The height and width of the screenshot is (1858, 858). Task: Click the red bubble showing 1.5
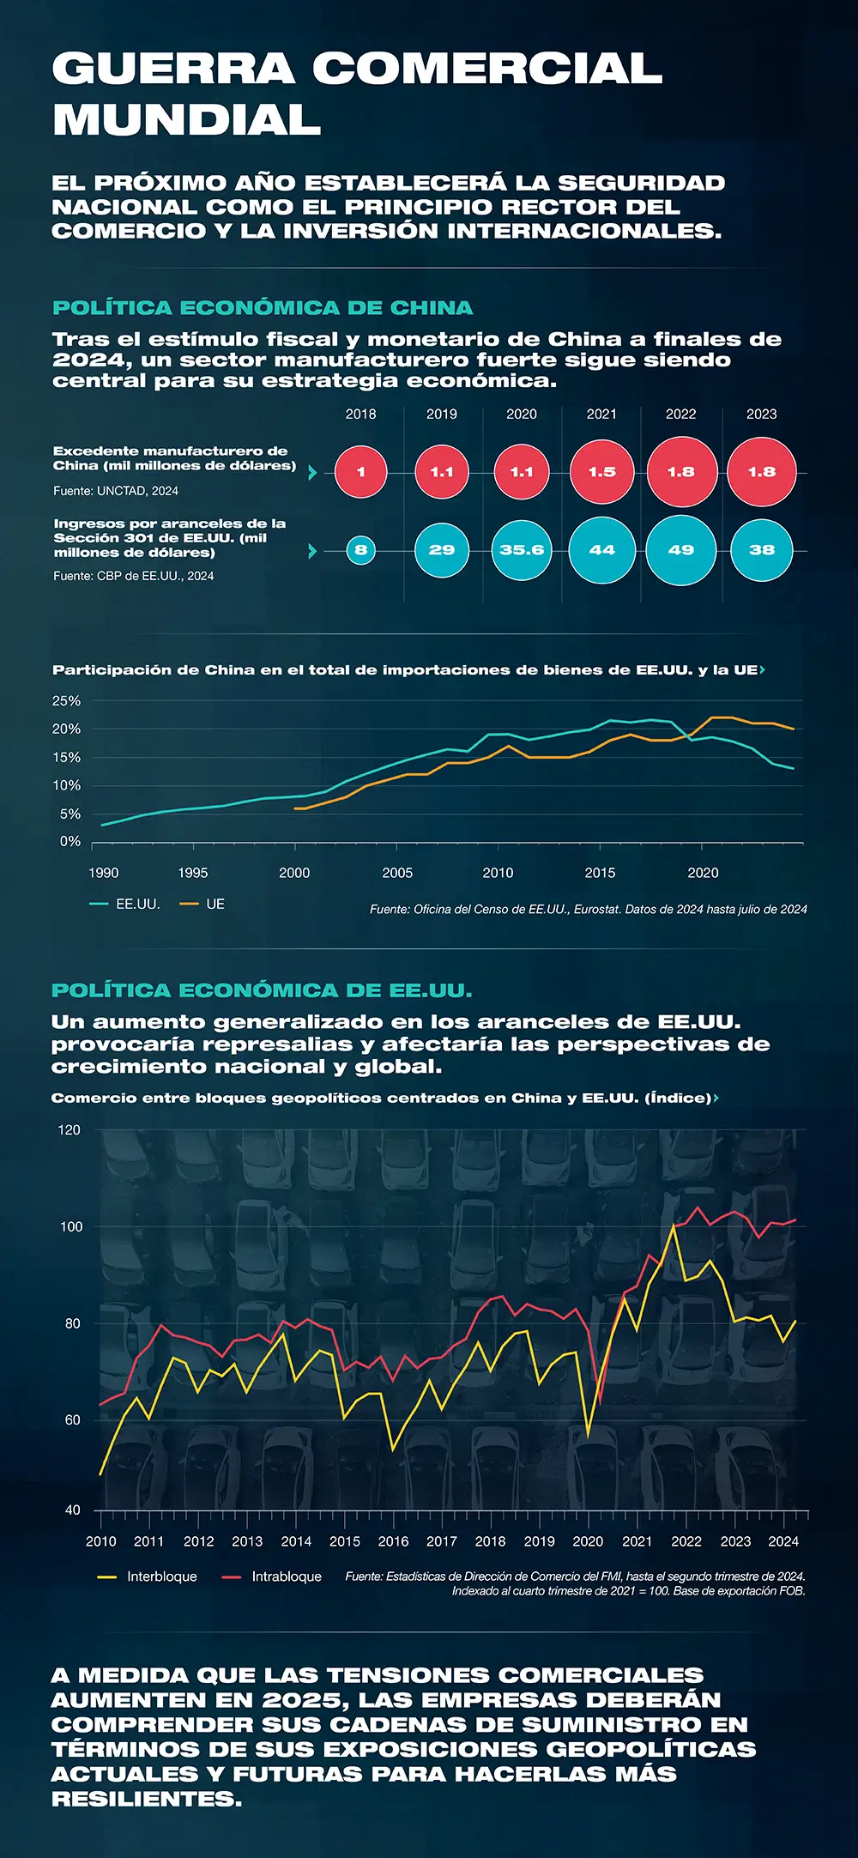[x=601, y=472]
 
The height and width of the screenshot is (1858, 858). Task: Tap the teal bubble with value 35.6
[x=522, y=550]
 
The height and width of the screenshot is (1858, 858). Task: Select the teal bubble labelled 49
[x=680, y=550]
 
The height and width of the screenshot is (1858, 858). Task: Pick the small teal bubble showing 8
[x=360, y=550]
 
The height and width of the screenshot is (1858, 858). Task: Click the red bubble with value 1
[x=360, y=472]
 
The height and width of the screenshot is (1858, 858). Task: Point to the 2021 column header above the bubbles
[x=601, y=415]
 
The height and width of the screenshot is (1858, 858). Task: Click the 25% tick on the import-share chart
[x=67, y=701]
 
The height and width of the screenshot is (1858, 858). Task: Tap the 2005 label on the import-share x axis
[x=397, y=873]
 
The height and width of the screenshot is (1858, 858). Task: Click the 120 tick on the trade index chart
[x=69, y=1130]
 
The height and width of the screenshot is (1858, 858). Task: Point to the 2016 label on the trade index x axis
[x=394, y=1541]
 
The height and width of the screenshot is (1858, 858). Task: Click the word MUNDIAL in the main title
[x=187, y=119]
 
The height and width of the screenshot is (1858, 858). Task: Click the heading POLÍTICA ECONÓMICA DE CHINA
[x=263, y=308]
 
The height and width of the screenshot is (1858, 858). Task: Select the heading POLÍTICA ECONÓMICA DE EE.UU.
[x=262, y=990]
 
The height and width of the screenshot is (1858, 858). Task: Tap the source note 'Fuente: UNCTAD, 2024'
[x=116, y=491]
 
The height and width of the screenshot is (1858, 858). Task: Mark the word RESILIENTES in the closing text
[x=146, y=1799]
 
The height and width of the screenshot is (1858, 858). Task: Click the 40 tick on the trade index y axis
[x=72, y=1510]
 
